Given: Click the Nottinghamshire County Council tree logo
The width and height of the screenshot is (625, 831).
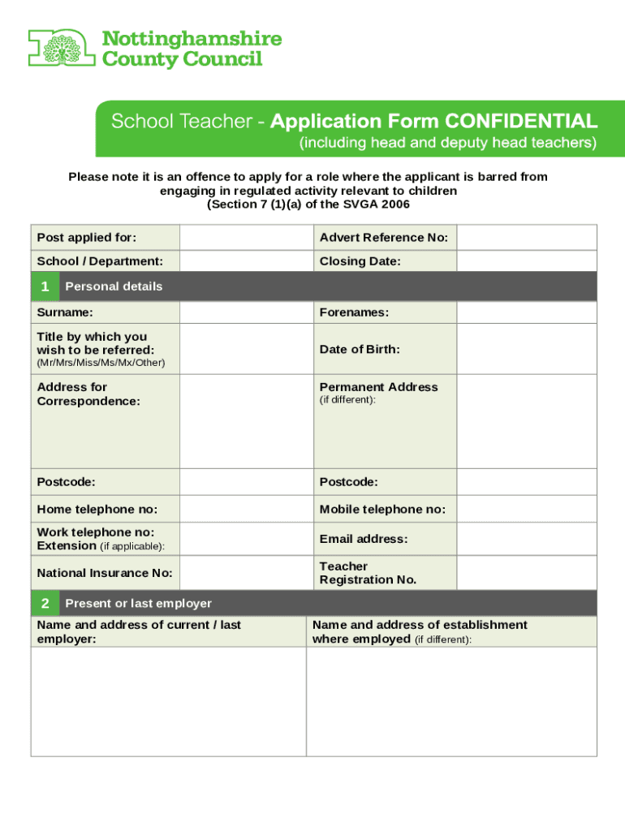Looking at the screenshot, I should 61,48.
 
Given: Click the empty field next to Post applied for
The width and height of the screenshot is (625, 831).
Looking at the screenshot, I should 246,238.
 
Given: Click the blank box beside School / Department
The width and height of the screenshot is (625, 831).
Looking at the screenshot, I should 246,261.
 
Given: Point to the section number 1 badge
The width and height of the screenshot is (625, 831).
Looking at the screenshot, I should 45,286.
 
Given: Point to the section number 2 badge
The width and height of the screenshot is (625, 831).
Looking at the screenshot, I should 45,603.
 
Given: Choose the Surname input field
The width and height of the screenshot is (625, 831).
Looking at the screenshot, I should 246,312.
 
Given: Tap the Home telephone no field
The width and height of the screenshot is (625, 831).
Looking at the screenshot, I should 246,509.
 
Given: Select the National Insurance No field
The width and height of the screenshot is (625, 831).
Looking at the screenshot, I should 246,573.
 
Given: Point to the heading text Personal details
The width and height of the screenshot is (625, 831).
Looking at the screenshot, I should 114,286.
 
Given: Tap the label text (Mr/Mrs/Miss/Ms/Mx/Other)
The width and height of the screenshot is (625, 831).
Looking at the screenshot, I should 101,363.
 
